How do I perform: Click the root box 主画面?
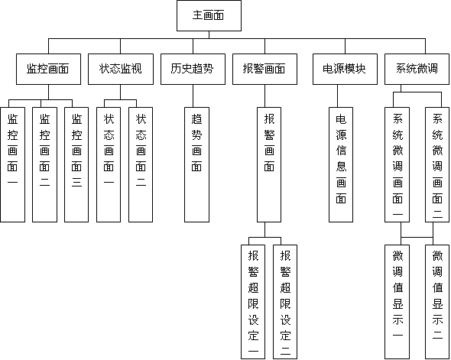209,15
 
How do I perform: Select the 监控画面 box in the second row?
48,69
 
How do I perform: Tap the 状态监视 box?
121,69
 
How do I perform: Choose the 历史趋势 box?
193,69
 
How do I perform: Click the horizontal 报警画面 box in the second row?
264,69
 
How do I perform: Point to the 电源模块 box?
345,69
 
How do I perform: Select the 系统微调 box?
417,69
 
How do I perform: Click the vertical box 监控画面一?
13,165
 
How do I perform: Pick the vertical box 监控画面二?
44,165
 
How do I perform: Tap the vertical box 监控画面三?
76,165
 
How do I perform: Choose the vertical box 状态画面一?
109,165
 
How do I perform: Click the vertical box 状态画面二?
141,165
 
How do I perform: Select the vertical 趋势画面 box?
196,165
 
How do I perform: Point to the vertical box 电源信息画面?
341,165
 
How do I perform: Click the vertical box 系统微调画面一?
397,165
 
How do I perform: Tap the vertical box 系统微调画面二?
437,165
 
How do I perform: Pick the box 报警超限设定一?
253,302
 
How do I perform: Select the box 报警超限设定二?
285,302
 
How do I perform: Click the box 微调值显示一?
397,302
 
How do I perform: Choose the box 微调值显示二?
437,302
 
